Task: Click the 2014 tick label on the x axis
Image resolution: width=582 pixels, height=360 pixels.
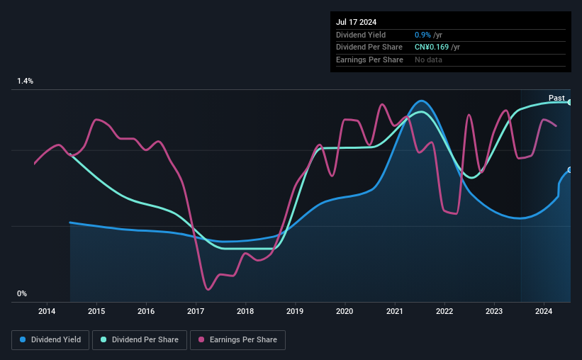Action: click(47, 311)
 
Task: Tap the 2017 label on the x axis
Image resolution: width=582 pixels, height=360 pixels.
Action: click(196, 311)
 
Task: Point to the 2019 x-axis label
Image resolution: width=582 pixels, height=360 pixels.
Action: click(295, 311)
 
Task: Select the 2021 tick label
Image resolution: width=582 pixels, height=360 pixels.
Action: click(395, 311)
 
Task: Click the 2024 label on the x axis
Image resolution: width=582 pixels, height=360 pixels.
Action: click(544, 311)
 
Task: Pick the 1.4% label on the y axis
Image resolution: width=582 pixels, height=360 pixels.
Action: click(26, 81)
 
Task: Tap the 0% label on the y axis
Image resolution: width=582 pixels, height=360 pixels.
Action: click(22, 293)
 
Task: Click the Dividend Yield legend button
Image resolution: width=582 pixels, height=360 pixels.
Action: click(50, 340)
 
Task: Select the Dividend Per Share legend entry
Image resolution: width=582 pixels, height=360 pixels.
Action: click(140, 340)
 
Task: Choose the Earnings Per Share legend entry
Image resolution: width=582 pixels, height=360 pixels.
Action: click(237, 340)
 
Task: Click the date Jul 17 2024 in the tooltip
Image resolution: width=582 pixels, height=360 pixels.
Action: click(357, 22)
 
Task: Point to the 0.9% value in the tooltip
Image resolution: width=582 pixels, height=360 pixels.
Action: click(422, 35)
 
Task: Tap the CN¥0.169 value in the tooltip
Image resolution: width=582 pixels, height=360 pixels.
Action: click(432, 47)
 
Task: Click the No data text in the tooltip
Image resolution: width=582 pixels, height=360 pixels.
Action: click(428, 60)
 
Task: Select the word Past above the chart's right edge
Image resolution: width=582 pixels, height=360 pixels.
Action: click(556, 98)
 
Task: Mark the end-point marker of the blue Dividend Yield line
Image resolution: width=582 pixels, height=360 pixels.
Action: click(570, 170)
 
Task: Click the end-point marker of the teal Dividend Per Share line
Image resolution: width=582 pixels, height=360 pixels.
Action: click(570, 102)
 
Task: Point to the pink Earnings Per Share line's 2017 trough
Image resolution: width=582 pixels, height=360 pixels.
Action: click(208, 289)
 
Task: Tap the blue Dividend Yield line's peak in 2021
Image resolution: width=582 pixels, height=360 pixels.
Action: click(421, 101)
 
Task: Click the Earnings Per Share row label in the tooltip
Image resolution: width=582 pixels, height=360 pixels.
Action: click(369, 60)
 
